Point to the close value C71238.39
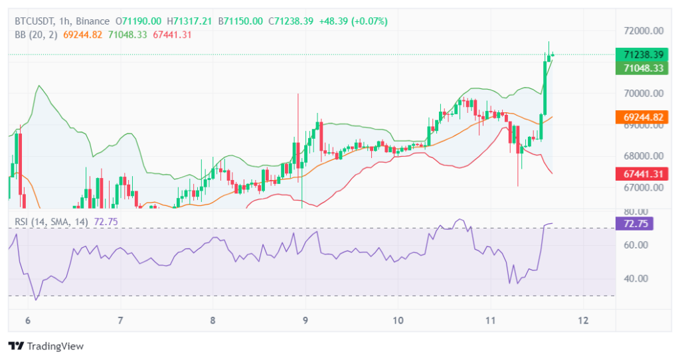pyautogui.click(x=290, y=21)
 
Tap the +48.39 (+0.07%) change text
pyautogui.click(x=353, y=21)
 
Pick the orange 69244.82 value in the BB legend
pyautogui.click(x=82, y=35)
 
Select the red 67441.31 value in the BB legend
pyautogui.click(x=171, y=35)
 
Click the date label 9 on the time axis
pyautogui.click(x=305, y=320)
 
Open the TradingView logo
pyautogui.click(x=46, y=346)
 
